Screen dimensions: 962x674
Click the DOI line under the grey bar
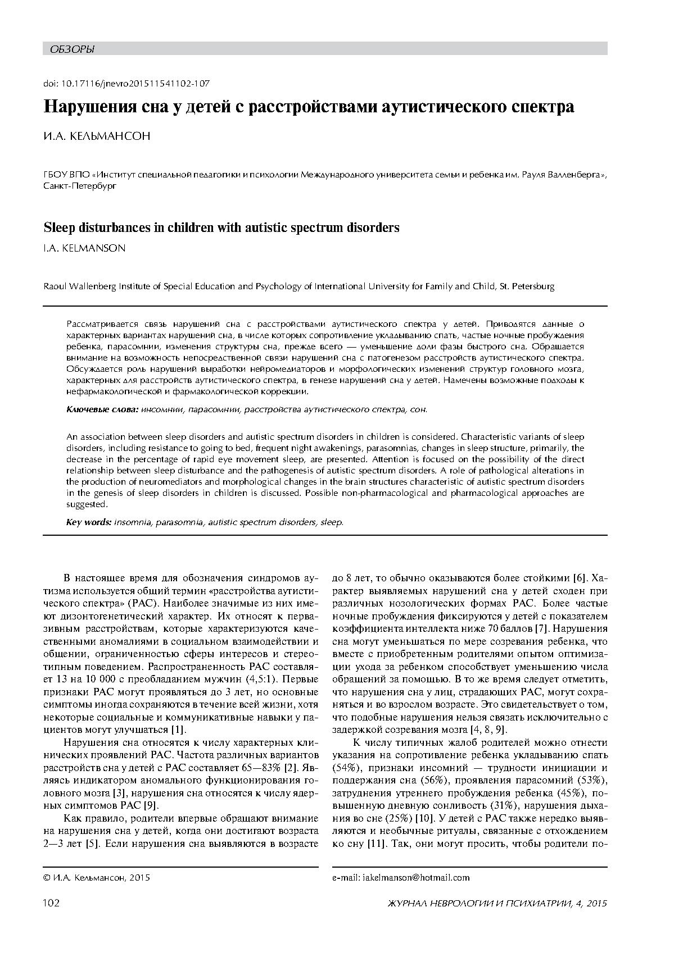click(126, 83)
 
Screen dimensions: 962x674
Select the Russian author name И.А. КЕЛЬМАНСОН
click(97, 136)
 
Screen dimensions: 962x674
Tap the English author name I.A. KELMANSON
click(84, 248)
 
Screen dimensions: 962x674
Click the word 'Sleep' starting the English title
click(60, 227)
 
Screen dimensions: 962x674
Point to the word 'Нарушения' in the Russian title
click(92, 107)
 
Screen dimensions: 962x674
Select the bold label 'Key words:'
click(88, 522)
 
